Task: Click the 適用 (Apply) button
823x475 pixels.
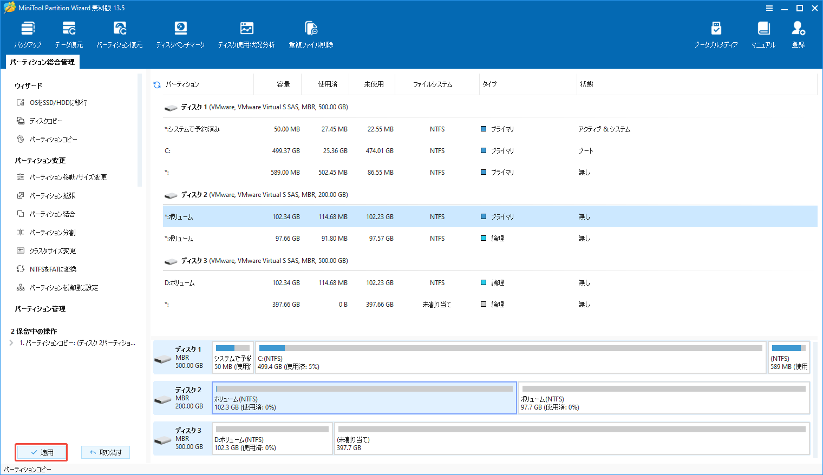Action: (42, 452)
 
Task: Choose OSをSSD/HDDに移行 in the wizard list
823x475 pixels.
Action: (58, 103)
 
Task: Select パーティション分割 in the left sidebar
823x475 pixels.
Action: (52, 233)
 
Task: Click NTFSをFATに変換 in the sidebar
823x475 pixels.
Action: (53, 269)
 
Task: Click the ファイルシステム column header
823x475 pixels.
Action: (432, 84)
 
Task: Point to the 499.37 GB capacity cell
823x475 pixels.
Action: (286, 151)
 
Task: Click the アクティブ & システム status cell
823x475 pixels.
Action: (604, 129)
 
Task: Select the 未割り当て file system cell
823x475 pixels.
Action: (436, 305)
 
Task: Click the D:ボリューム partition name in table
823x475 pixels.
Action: (180, 283)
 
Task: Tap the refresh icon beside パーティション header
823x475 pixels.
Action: (157, 85)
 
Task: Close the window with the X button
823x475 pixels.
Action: (814, 8)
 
